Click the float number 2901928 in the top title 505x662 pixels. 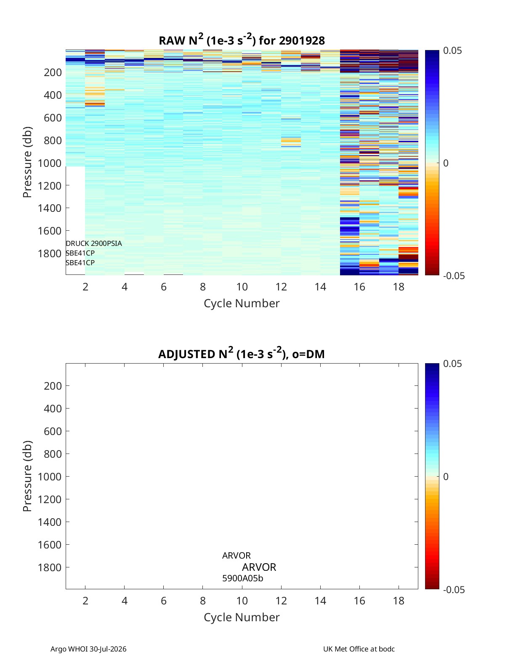(302, 40)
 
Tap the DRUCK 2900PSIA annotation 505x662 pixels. (94, 243)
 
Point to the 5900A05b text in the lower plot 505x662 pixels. (243, 578)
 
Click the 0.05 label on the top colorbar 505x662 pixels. (452, 51)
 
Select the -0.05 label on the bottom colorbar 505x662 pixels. (454, 589)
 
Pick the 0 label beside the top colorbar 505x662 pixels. (446, 163)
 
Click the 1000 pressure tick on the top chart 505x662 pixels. (50, 163)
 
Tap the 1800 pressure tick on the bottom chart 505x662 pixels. (50, 567)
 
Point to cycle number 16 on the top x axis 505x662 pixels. (359, 287)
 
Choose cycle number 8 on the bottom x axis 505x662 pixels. (202, 601)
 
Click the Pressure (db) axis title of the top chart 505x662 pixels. (27, 162)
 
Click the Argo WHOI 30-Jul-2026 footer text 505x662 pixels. (88, 649)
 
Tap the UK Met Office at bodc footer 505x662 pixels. (359, 649)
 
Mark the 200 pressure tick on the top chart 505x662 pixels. (53, 72)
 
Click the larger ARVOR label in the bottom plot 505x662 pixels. (259, 567)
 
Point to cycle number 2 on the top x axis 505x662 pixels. (85, 287)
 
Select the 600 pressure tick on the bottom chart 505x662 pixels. (53, 431)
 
